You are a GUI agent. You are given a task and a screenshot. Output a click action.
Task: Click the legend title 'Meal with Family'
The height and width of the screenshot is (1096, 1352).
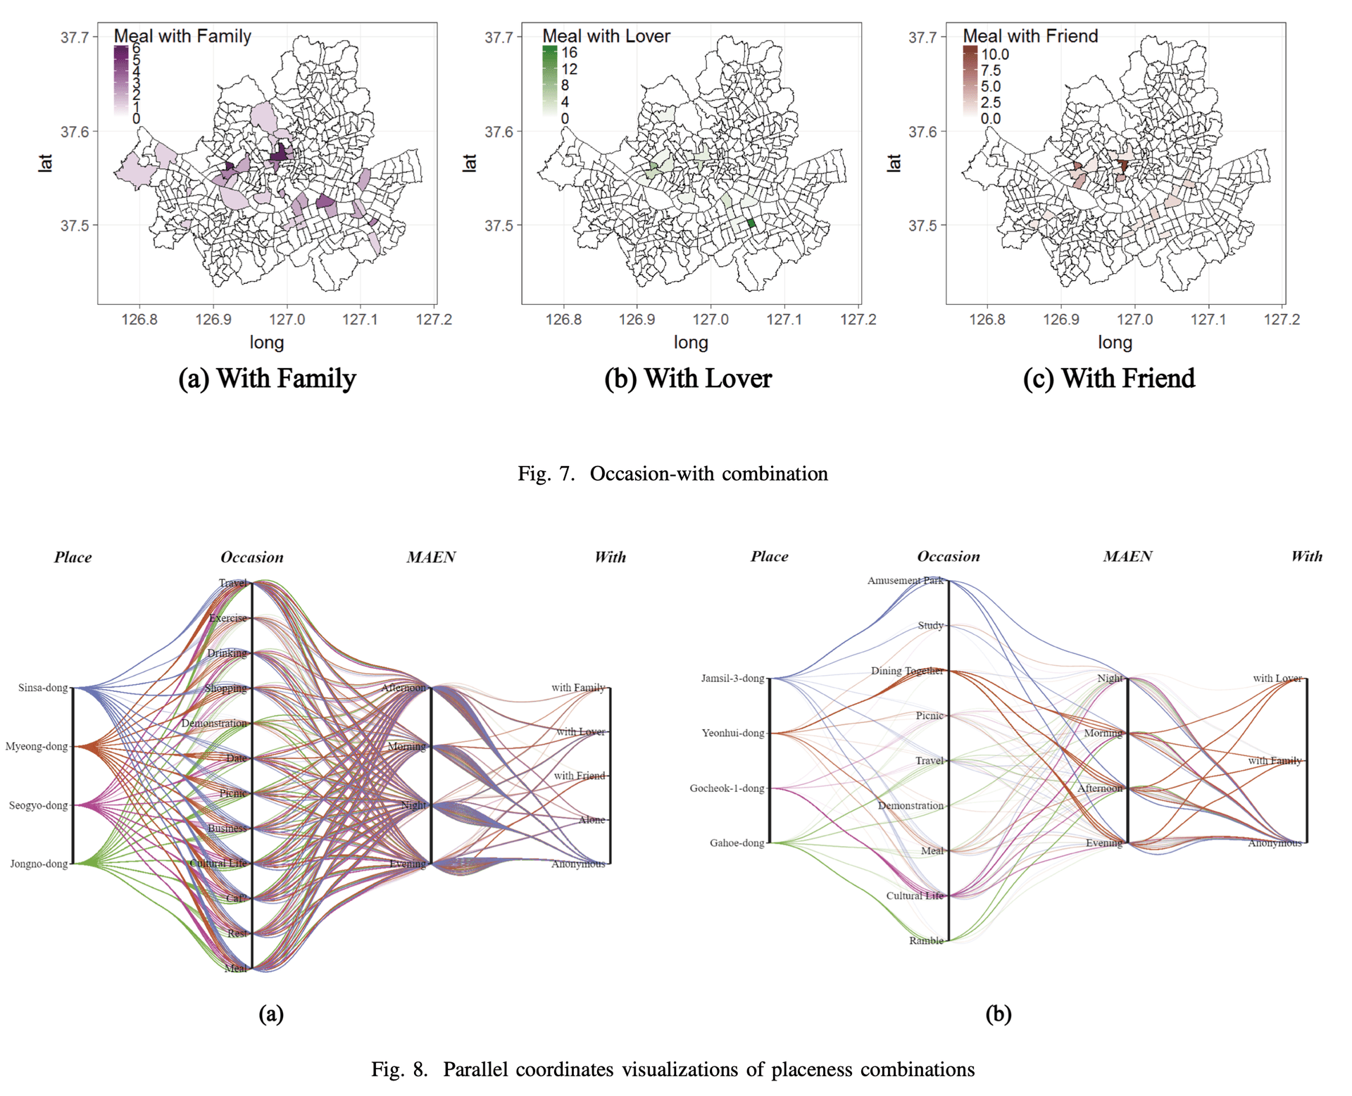[x=182, y=36]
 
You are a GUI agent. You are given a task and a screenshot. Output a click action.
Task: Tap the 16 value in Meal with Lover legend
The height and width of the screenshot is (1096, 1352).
[x=569, y=53]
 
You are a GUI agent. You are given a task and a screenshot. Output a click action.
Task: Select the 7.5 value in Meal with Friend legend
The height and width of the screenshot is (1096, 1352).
[x=991, y=70]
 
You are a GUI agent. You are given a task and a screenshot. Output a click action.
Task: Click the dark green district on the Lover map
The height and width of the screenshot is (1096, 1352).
[x=751, y=223]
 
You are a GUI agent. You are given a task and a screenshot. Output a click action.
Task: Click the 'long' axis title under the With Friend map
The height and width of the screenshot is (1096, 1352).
[x=1115, y=343]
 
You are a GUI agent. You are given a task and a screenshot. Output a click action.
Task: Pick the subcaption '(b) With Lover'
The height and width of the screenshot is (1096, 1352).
[x=688, y=379]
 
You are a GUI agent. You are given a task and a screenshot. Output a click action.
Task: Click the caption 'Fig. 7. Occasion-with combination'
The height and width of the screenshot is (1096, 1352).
[x=672, y=474]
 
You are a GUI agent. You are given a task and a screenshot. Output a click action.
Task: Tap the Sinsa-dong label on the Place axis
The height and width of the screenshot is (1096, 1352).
[x=43, y=688]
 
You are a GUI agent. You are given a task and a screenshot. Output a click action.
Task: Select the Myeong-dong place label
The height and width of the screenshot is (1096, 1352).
[x=37, y=746]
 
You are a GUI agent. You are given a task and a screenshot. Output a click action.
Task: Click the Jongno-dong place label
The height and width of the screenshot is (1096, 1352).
[x=39, y=864]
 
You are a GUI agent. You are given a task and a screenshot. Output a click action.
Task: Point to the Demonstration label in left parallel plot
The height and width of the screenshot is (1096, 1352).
[x=214, y=723]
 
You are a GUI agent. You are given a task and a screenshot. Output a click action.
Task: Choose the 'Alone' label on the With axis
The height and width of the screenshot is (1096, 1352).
[x=591, y=820]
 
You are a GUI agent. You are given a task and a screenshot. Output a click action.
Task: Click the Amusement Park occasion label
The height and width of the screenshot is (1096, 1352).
[x=905, y=581]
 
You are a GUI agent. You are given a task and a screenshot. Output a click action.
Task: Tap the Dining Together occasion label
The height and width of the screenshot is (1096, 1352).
[x=907, y=671]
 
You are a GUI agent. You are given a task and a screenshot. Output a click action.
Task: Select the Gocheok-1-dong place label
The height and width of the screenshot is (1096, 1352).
[x=727, y=788]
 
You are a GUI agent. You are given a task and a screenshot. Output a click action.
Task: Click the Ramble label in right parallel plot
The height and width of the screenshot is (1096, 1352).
[x=926, y=941]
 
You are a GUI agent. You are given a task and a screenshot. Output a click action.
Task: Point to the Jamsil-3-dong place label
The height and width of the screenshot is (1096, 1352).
[x=732, y=679]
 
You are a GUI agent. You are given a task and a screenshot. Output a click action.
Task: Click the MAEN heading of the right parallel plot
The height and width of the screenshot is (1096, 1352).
[x=1127, y=557]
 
